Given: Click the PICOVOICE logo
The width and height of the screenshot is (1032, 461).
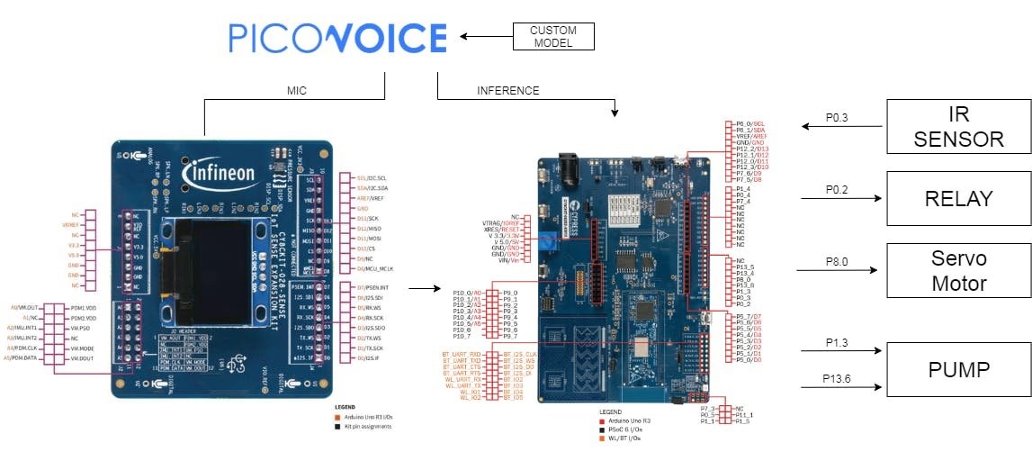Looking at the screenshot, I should [x=337, y=38].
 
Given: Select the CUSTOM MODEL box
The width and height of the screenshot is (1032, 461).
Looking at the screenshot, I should [x=553, y=36].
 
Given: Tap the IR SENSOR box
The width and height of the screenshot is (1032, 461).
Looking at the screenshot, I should [x=958, y=127].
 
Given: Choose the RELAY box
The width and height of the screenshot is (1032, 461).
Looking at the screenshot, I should [x=958, y=199].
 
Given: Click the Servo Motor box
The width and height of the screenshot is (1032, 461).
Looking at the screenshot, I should [x=958, y=270].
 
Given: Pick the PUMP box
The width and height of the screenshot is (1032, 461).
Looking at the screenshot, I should [x=958, y=369].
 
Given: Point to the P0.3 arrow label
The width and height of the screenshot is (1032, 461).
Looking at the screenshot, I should [x=838, y=117].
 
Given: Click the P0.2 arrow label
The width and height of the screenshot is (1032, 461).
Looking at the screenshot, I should [x=838, y=190].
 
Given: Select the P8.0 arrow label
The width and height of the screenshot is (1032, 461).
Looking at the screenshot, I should [x=838, y=261].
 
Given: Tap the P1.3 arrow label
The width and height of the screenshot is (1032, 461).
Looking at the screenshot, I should [x=838, y=342].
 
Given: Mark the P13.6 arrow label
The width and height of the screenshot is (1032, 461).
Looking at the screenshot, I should [x=838, y=379].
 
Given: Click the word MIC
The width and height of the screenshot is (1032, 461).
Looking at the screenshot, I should [x=297, y=91].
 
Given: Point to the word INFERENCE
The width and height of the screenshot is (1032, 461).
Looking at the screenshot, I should [x=508, y=91].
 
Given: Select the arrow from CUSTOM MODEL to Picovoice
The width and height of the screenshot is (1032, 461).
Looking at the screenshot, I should [x=486, y=37].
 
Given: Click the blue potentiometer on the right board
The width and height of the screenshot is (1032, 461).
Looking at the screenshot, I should [x=545, y=240].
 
